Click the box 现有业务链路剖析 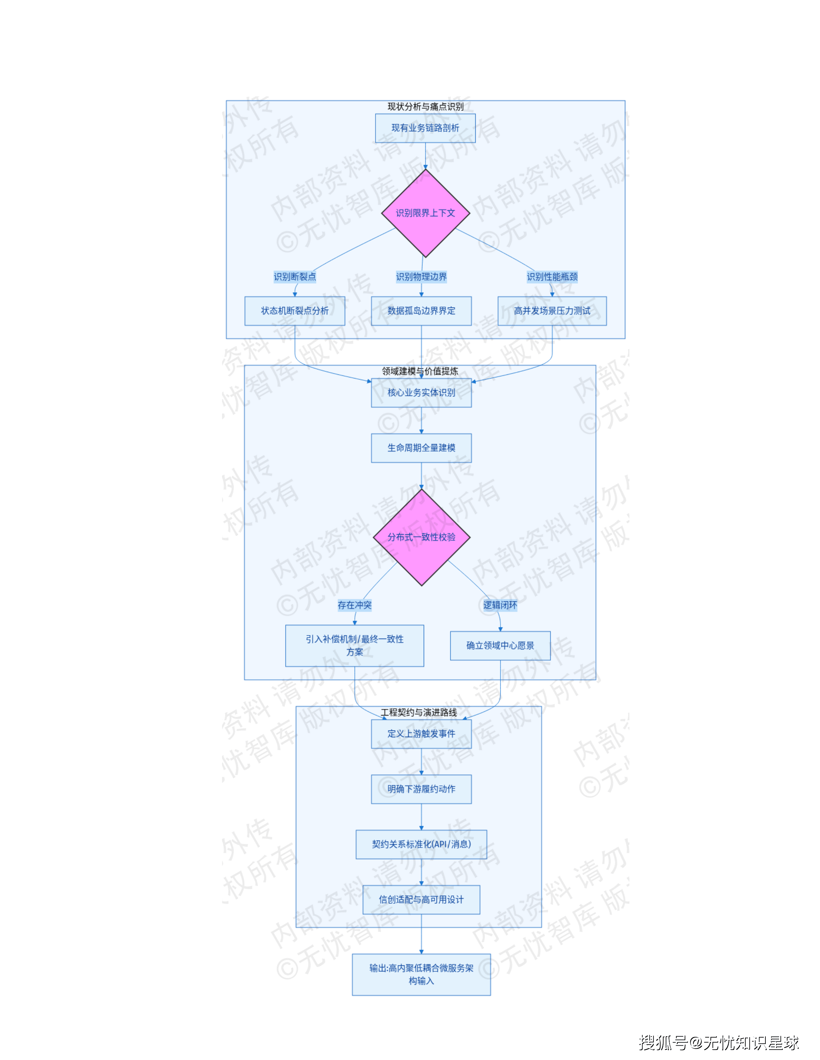[425, 128]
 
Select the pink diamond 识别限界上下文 [425, 213]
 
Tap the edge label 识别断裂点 [294, 277]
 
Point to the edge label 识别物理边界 [421, 277]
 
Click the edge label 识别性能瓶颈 [552, 277]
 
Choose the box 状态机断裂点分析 [294, 311]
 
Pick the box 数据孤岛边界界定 [421, 311]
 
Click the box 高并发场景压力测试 [552, 311]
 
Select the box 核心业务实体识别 [421, 392]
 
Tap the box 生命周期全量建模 [421, 448]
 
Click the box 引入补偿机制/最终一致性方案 [354, 645]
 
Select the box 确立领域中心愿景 [500, 645]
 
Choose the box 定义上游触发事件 [421, 734]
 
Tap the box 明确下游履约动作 [421, 789]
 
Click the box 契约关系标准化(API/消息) [421, 845]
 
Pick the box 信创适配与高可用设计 [421, 900]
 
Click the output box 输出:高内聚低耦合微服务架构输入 [421, 975]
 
